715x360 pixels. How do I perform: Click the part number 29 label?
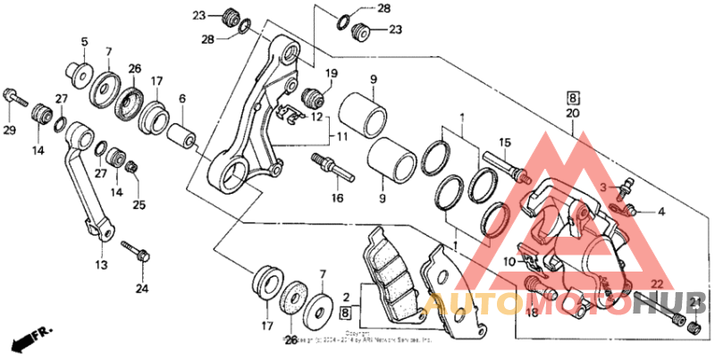click(x=10, y=131)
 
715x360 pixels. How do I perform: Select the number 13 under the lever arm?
click(x=101, y=265)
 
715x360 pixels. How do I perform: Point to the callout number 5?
click(x=85, y=41)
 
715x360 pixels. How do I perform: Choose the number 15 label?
click(x=504, y=143)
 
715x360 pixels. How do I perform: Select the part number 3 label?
click(x=603, y=187)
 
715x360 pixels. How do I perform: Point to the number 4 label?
click(x=661, y=212)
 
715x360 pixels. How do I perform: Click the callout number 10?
click(x=508, y=262)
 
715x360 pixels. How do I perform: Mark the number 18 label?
click(x=531, y=313)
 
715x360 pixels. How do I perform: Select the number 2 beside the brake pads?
click(x=346, y=296)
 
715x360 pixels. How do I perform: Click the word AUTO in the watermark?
click(x=467, y=306)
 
